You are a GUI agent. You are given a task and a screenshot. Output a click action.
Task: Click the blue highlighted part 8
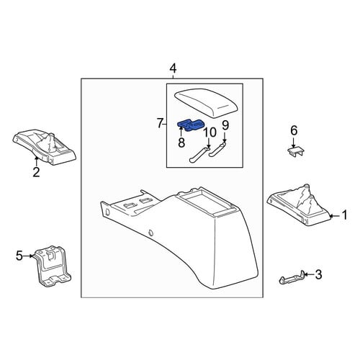(x=191, y=125)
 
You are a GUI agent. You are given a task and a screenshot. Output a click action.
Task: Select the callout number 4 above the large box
(x=173, y=68)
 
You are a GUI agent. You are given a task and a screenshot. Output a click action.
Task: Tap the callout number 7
(x=160, y=124)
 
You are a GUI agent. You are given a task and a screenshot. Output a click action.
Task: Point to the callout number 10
(x=210, y=132)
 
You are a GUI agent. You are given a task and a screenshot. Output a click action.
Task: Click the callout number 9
(x=225, y=125)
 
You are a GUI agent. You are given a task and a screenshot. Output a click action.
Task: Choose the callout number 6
(x=294, y=131)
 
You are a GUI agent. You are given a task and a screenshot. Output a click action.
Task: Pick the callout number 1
(x=345, y=215)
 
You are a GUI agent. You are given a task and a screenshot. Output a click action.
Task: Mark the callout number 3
(x=318, y=274)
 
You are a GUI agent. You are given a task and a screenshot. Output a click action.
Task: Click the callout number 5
(x=19, y=256)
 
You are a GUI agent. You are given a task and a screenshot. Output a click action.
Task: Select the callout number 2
(x=36, y=172)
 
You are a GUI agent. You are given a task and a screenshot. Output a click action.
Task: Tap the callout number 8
(x=181, y=143)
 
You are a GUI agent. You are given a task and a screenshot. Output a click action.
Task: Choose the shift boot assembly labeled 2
(x=45, y=148)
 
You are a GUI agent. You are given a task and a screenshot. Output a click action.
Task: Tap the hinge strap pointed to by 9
(x=217, y=149)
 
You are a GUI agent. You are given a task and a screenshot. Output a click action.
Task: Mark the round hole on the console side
(x=150, y=233)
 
